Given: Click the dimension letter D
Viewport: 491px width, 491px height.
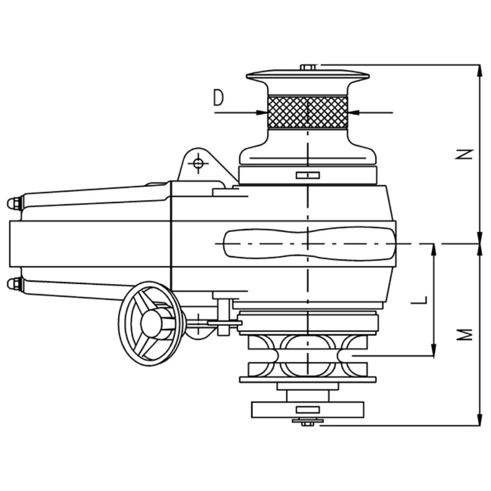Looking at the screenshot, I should click(x=219, y=98).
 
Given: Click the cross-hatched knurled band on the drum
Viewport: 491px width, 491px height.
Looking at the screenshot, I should click(x=307, y=112).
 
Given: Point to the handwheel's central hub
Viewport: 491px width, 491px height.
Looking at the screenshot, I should click(x=151, y=323).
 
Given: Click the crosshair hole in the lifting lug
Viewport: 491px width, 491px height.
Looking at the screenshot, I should click(x=198, y=163).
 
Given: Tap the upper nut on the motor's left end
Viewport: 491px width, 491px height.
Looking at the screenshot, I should click(x=14, y=203).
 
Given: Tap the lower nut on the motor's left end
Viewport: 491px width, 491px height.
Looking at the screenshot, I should click(x=14, y=284).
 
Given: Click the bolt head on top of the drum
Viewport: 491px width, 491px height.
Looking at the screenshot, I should click(x=307, y=67).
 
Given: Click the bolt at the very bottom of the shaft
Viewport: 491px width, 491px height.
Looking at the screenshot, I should click(x=307, y=422).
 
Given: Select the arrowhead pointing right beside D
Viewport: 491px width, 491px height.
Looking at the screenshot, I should click(x=263, y=112).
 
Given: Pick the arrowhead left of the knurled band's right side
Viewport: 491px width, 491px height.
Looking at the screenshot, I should click(x=354, y=112).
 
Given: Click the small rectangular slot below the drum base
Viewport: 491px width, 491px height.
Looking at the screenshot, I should click(x=307, y=176).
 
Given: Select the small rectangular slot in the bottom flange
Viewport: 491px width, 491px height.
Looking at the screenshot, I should click(x=307, y=409).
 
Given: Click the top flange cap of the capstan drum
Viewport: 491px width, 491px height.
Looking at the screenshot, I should click(x=307, y=76).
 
